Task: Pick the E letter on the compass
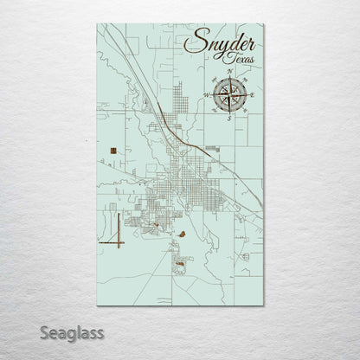(251, 93)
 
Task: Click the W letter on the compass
(206, 93)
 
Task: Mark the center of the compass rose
(228, 93)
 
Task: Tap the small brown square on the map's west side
(113, 152)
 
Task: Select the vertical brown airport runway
(113, 228)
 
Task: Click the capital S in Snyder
(193, 44)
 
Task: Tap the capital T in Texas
(215, 57)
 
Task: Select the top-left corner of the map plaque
(97, 24)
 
